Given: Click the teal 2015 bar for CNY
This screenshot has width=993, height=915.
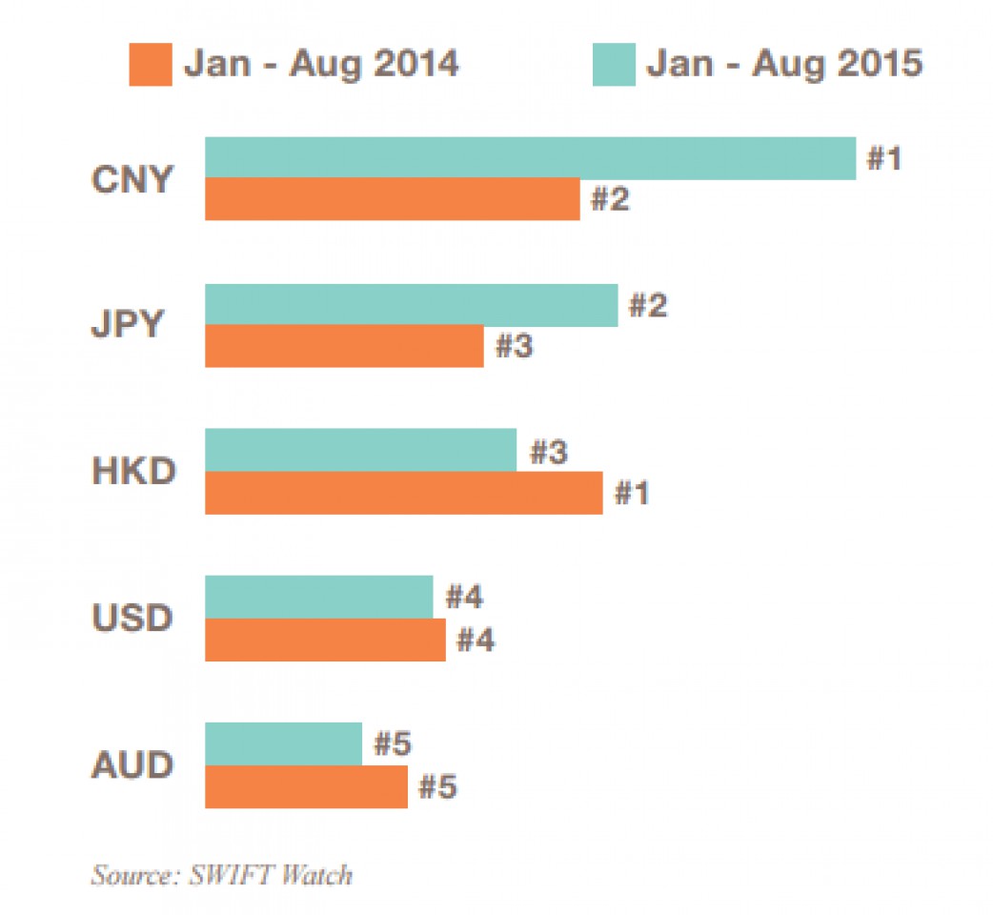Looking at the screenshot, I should tap(530, 158).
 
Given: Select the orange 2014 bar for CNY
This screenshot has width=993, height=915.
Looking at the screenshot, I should tap(392, 199).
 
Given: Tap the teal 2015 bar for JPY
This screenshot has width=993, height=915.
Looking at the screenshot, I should tap(411, 305).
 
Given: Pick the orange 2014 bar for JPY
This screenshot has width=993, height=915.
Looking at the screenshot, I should tap(344, 346).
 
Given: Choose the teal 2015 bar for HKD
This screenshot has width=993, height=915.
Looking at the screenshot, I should tap(360, 450).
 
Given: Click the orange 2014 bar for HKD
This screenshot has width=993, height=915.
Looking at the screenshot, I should tap(403, 493).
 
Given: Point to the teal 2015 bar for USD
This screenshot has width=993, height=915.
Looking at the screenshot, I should tap(318, 597).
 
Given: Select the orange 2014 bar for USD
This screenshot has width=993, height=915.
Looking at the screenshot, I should tap(325, 640).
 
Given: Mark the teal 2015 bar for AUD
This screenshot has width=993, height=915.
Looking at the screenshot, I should tap(283, 743).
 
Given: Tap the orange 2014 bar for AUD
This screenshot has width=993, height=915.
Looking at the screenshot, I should tap(306, 786).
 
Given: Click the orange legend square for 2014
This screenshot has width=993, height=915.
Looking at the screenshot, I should tap(151, 65).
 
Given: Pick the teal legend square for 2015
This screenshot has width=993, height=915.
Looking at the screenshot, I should tap(614, 65).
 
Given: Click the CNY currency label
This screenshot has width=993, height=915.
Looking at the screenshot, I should tap(132, 179).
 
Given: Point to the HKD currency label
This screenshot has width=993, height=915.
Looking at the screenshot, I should tap(133, 472).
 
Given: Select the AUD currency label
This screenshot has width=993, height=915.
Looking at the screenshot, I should tap(132, 765).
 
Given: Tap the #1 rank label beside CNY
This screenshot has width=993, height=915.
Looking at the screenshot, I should tap(883, 158).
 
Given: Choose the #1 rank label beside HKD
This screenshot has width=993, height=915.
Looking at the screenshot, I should tap(631, 494).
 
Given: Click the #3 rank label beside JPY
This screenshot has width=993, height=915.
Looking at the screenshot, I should tap(514, 347).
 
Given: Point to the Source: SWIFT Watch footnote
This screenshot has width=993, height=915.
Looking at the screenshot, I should tap(221, 874).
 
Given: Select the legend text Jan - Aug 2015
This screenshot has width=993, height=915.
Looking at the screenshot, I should tap(784, 64).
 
